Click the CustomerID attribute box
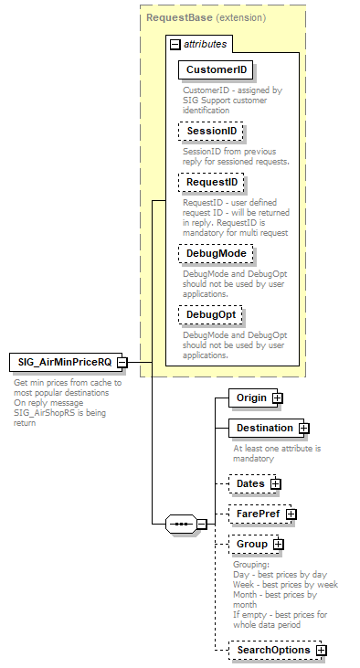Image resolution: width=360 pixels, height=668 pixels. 217,69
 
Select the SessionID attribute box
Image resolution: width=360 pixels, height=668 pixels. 211,132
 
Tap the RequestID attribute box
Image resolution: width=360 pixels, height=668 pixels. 211,183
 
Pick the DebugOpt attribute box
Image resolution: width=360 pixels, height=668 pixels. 210,314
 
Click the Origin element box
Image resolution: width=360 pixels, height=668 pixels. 250,398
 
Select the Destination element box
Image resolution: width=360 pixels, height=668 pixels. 263,428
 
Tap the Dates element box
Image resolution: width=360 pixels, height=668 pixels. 249,483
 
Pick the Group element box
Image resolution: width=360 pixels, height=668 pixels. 251,544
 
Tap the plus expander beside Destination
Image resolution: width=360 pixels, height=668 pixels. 304,429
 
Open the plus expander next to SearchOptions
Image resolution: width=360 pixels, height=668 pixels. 322,651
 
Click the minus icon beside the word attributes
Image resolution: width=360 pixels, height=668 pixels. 175,43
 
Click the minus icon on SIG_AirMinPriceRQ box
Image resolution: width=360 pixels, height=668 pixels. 133,363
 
